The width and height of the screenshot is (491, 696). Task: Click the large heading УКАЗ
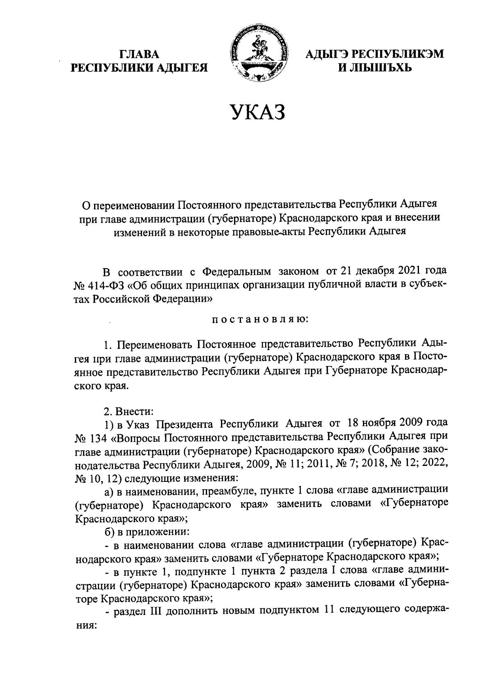[x=257, y=112]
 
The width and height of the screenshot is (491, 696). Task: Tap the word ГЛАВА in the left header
[x=139, y=54]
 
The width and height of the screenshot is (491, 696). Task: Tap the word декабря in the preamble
[x=370, y=271]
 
